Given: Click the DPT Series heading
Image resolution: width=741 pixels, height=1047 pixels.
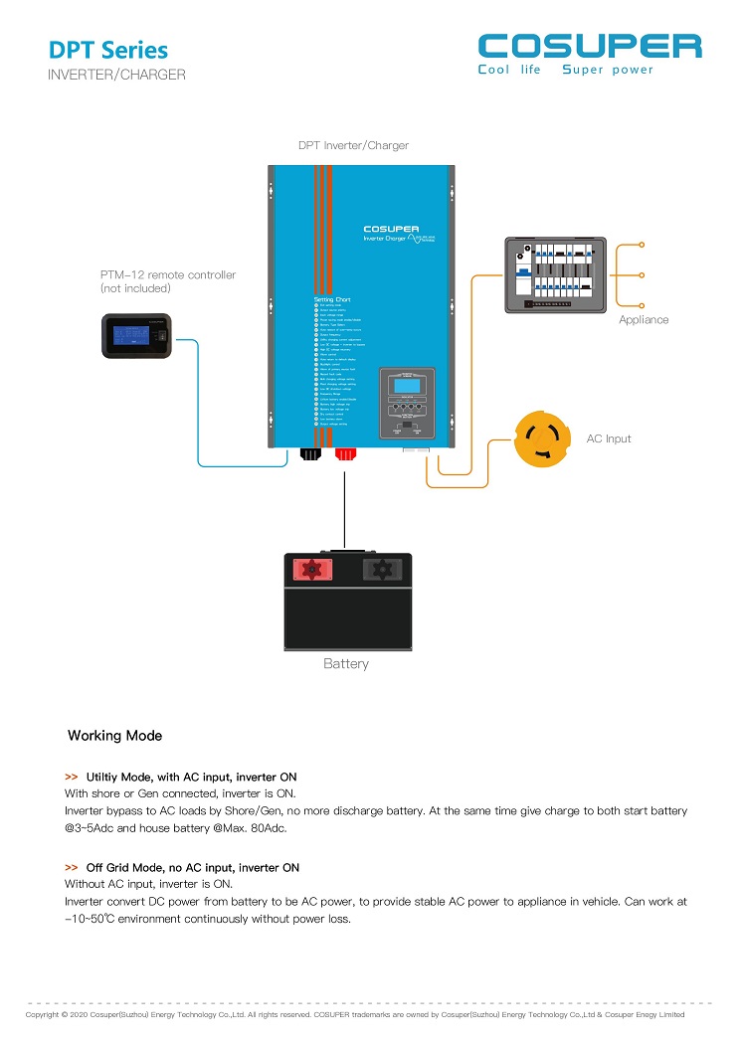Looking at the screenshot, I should (x=108, y=50).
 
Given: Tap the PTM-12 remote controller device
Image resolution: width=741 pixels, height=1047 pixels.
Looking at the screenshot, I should (x=140, y=335).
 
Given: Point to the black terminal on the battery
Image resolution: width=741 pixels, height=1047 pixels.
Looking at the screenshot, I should (x=379, y=569).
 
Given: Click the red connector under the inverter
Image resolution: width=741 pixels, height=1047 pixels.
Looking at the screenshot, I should (x=346, y=454).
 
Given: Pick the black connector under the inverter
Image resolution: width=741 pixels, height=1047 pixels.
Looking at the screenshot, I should (x=310, y=454).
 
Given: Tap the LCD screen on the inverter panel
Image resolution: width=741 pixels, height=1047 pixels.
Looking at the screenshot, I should (x=406, y=385).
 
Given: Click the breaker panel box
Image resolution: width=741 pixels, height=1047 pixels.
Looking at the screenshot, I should (x=554, y=274).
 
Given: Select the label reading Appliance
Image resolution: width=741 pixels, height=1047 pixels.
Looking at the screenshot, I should (x=644, y=319).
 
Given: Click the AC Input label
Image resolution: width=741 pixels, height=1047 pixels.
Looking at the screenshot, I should (x=609, y=438).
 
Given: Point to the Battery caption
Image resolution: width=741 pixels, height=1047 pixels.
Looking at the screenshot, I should (x=345, y=663).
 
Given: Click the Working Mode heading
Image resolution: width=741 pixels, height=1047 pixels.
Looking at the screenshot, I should (x=114, y=736).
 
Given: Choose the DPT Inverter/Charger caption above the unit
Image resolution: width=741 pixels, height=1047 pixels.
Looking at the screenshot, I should (x=353, y=145).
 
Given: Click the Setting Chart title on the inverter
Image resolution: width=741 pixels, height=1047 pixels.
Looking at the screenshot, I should (x=333, y=299).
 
